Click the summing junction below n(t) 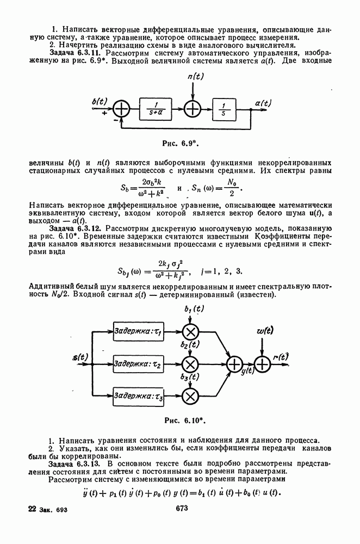coord(193,110)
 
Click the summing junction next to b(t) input coord(121,110)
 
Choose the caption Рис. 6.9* coord(180,143)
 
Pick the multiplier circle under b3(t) coord(190,396)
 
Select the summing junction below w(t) coord(263,364)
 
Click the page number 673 coord(181,508)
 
